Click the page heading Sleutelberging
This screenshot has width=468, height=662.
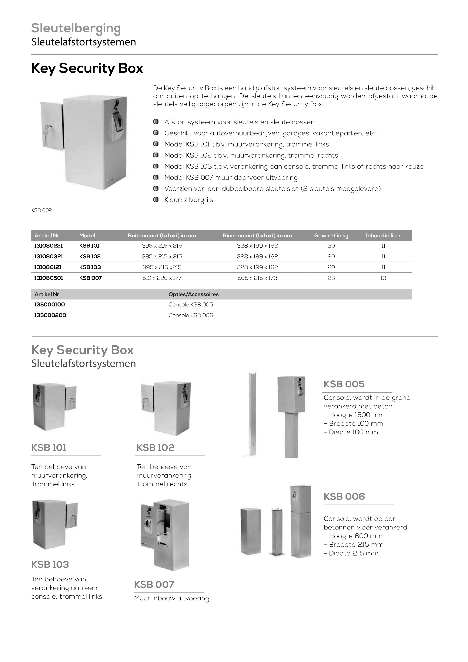pos(76,28)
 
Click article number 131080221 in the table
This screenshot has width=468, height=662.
pos(48,246)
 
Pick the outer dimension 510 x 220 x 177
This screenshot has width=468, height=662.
pos(162,278)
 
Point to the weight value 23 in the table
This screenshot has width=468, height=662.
pos(331,278)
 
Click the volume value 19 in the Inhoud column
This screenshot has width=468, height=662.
pos(383,278)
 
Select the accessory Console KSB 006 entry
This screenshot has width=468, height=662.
pos(191,315)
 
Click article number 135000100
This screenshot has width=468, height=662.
pos(49,304)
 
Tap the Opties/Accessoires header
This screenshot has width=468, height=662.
pos(193,294)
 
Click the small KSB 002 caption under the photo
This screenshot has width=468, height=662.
pos(42,210)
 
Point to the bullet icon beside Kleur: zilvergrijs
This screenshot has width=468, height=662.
pos(156,199)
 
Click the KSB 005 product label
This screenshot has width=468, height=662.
pos(344,384)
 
